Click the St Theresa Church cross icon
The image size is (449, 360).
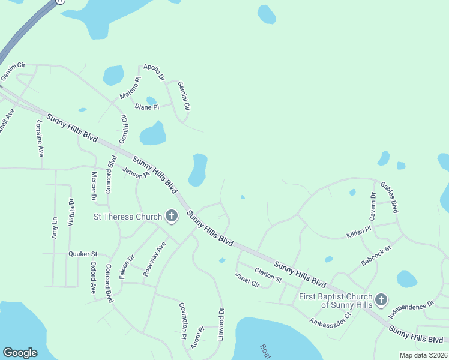click(172, 217)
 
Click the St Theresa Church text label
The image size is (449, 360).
click(128, 217)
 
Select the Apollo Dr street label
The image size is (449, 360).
click(154, 71)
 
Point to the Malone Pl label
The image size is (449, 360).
click(130, 88)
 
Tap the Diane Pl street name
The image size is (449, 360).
click(147, 107)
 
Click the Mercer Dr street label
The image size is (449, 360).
click(94, 185)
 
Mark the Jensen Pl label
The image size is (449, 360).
click(135, 173)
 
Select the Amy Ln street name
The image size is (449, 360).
click(55, 228)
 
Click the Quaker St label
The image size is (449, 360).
click(83, 254)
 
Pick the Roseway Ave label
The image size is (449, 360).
click(154, 259)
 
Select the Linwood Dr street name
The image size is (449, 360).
click(221, 325)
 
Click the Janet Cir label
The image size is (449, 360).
click(247, 280)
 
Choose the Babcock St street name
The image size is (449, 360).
click(376, 256)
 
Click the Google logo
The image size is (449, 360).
click(20, 353)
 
